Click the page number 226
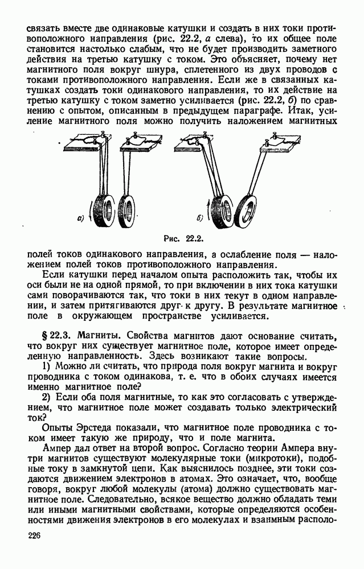(35, 537)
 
